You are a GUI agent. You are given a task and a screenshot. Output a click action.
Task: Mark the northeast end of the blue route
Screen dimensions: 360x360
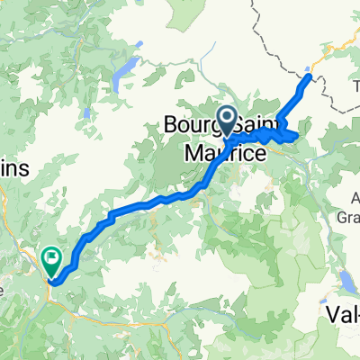point(310,77)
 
